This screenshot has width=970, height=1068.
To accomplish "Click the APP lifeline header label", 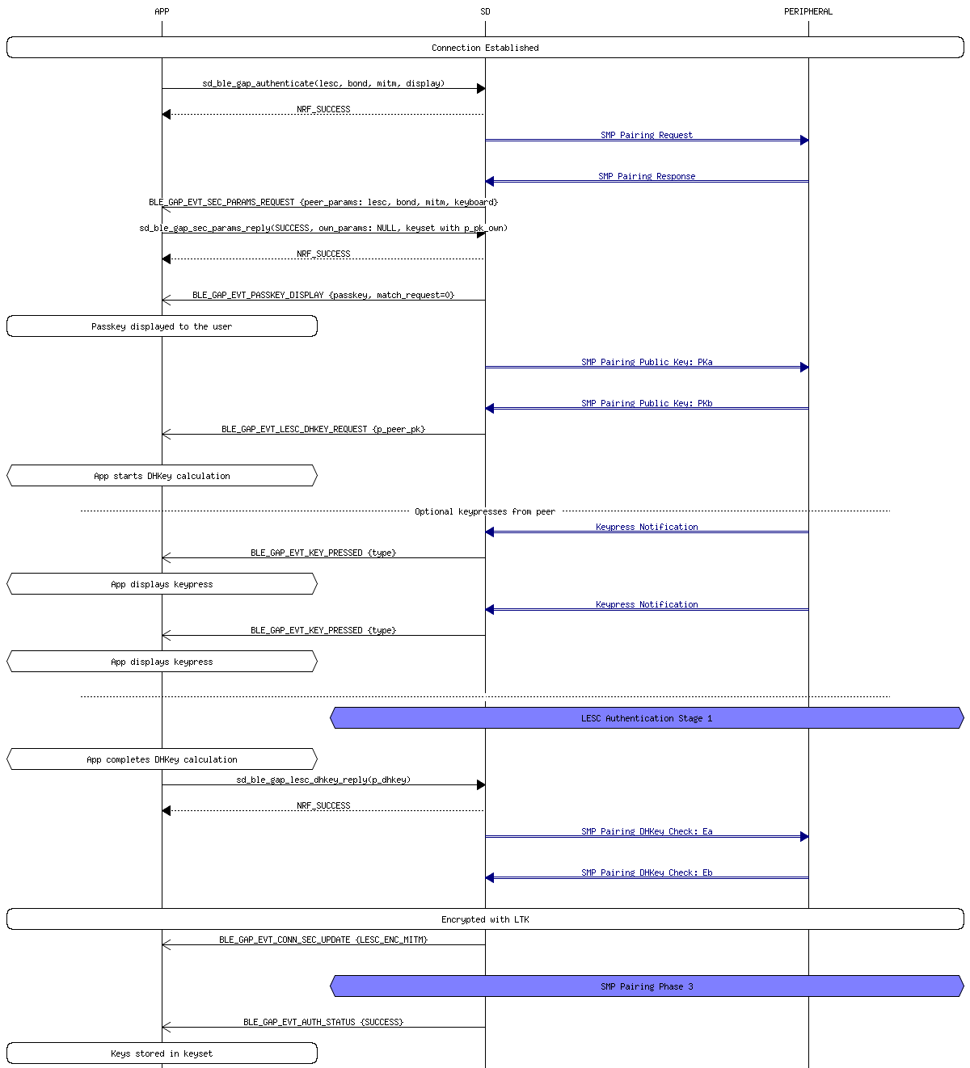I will (162, 11).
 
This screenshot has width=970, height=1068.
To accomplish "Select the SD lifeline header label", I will (485, 11).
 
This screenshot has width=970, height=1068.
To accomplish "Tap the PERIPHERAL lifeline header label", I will (808, 11).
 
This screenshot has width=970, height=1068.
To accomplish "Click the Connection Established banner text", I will (485, 48).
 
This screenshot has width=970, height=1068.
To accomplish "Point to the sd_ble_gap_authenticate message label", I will (323, 83).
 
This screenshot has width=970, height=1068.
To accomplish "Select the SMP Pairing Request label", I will (647, 135).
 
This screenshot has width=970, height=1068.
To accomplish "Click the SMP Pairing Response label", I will (647, 176).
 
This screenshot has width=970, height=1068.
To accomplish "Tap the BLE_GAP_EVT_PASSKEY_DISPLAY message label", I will (323, 295).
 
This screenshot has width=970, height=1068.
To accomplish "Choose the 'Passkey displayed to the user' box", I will (162, 326).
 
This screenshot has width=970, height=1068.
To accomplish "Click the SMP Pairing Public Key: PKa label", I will (647, 362).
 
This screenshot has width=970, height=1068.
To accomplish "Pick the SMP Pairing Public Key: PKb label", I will (647, 403).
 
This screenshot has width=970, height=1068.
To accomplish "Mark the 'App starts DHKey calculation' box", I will (162, 476).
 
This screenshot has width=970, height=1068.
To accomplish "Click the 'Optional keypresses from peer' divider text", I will (485, 511).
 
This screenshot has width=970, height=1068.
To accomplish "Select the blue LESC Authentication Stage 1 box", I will (647, 718).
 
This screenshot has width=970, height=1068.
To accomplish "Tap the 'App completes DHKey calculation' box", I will (162, 759).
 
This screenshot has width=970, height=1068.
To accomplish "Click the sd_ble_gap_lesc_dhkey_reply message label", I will (323, 780).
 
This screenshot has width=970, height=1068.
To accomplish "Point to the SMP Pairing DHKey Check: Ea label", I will (647, 831).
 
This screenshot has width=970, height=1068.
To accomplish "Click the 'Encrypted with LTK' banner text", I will (485, 919).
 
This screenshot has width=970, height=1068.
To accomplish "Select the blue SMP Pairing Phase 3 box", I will (647, 986).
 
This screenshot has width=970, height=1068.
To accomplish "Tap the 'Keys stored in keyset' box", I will (162, 1053).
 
